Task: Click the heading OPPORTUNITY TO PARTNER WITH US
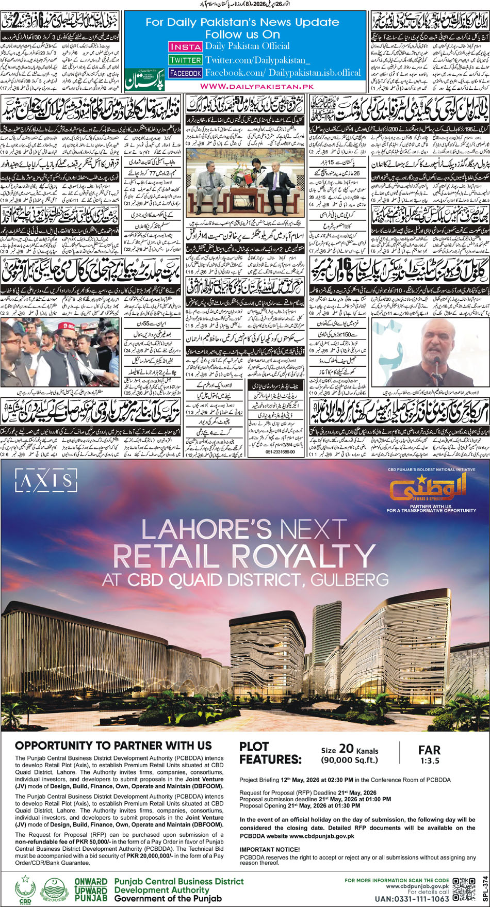click(x=113, y=745)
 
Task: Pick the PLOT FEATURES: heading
click(x=270, y=753)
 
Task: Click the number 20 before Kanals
click(x=346, y=749)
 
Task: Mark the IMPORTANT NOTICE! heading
click(x=269, y=849)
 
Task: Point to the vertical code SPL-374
click(x=484, y=888)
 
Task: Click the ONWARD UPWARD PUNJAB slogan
click(x=91, y=890)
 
